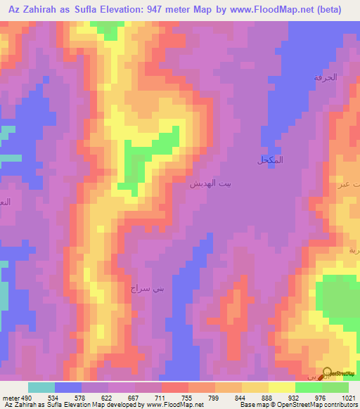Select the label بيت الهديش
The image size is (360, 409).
click(210, 183)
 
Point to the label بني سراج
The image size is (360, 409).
click(146, 288)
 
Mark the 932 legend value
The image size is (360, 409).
click(295, 396)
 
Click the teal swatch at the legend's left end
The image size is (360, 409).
click(41, 387)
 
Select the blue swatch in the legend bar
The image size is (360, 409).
click(67, 387)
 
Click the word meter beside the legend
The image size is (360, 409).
click(10, 396)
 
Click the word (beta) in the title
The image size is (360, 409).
click(328, 10)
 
